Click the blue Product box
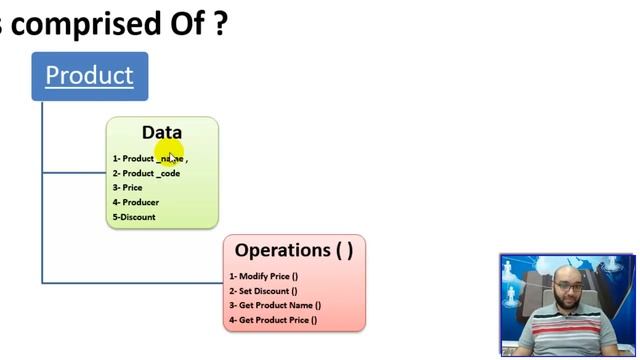point(89,76)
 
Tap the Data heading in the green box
point(161,132)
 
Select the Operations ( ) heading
point(293,250)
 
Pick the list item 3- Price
point(127,188)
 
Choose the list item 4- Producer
point(135,202)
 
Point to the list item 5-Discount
point(134,217)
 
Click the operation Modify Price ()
point(264,276)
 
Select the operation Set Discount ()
point(263,291)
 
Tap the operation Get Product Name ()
point(275,306)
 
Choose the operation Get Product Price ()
point(273,320)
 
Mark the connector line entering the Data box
point(75,172)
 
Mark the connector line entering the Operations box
point(130,283)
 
